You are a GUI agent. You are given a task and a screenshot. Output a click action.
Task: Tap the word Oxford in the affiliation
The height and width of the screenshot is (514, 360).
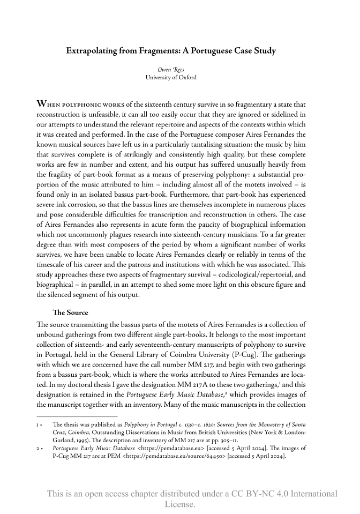(x=186, y=77)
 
